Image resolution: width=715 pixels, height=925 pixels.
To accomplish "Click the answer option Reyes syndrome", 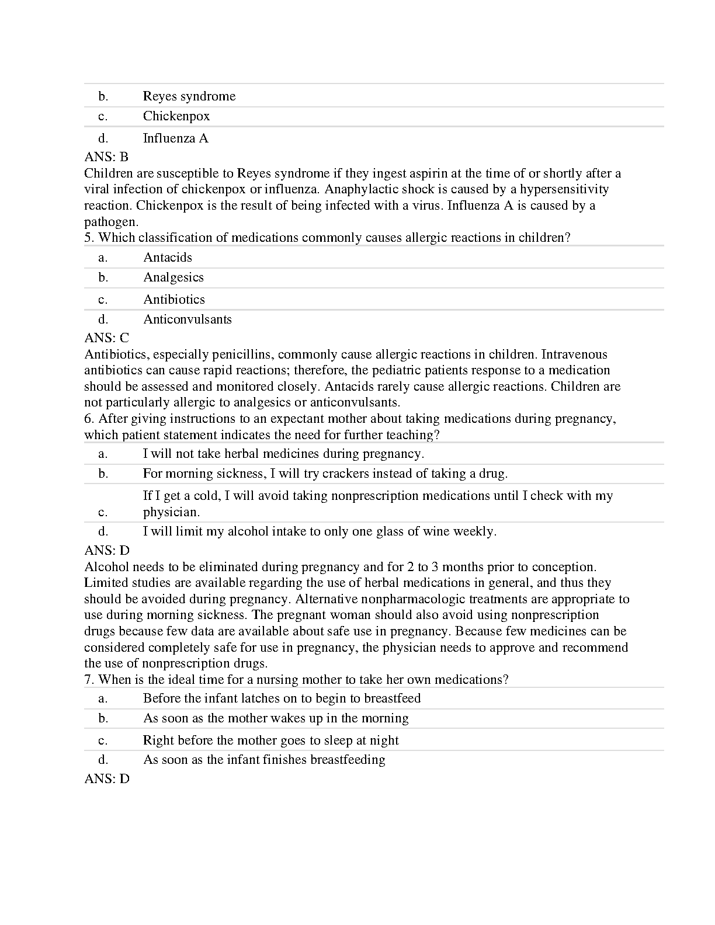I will point(189,96).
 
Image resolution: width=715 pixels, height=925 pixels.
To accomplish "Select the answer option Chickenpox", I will point(176,116).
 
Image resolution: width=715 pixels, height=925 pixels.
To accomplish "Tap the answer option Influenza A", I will point(176,138).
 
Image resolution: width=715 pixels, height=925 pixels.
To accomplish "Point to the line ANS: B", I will point(106,157).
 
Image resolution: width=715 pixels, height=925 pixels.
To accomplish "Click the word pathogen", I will point(111,222).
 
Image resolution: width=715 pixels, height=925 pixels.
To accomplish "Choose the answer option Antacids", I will point(168,258).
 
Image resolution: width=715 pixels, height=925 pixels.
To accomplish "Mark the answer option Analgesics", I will point(173,277).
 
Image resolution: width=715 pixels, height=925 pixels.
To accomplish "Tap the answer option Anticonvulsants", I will point(188,319).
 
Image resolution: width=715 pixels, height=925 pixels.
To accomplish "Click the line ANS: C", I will point(106,338).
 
